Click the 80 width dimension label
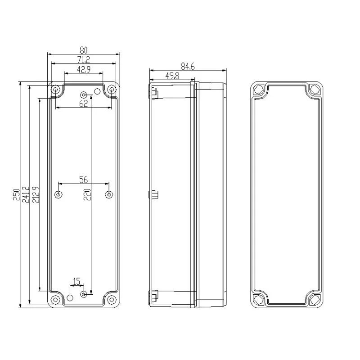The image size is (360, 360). (x=84, y=50)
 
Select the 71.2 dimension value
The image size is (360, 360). (x=84, y=60)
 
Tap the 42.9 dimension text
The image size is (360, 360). (x=84, y=69)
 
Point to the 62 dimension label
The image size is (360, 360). (x=84, y=103)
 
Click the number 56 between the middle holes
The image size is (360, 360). (x=84, y=180)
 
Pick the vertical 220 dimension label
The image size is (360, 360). (x=87, y=194)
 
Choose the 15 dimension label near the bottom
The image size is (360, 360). (x=76, y=281)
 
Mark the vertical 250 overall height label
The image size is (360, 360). (x=16, y=194)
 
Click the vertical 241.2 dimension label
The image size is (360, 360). (x=26, y=194)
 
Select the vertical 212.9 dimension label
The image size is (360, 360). (x=36, y=194)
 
